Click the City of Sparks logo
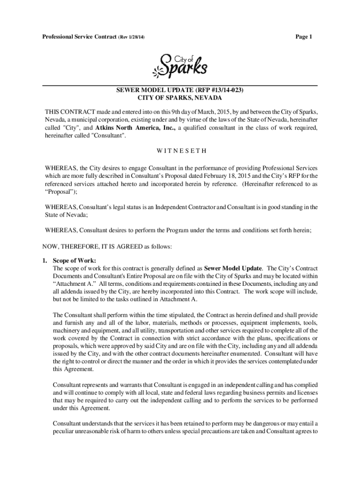tap(180, 65)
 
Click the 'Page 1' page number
tap(303, 37)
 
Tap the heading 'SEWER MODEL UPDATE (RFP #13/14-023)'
tap(180, 90)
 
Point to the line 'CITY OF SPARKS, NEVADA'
tap(180, 98)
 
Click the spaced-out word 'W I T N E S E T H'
tap(180, 151)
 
